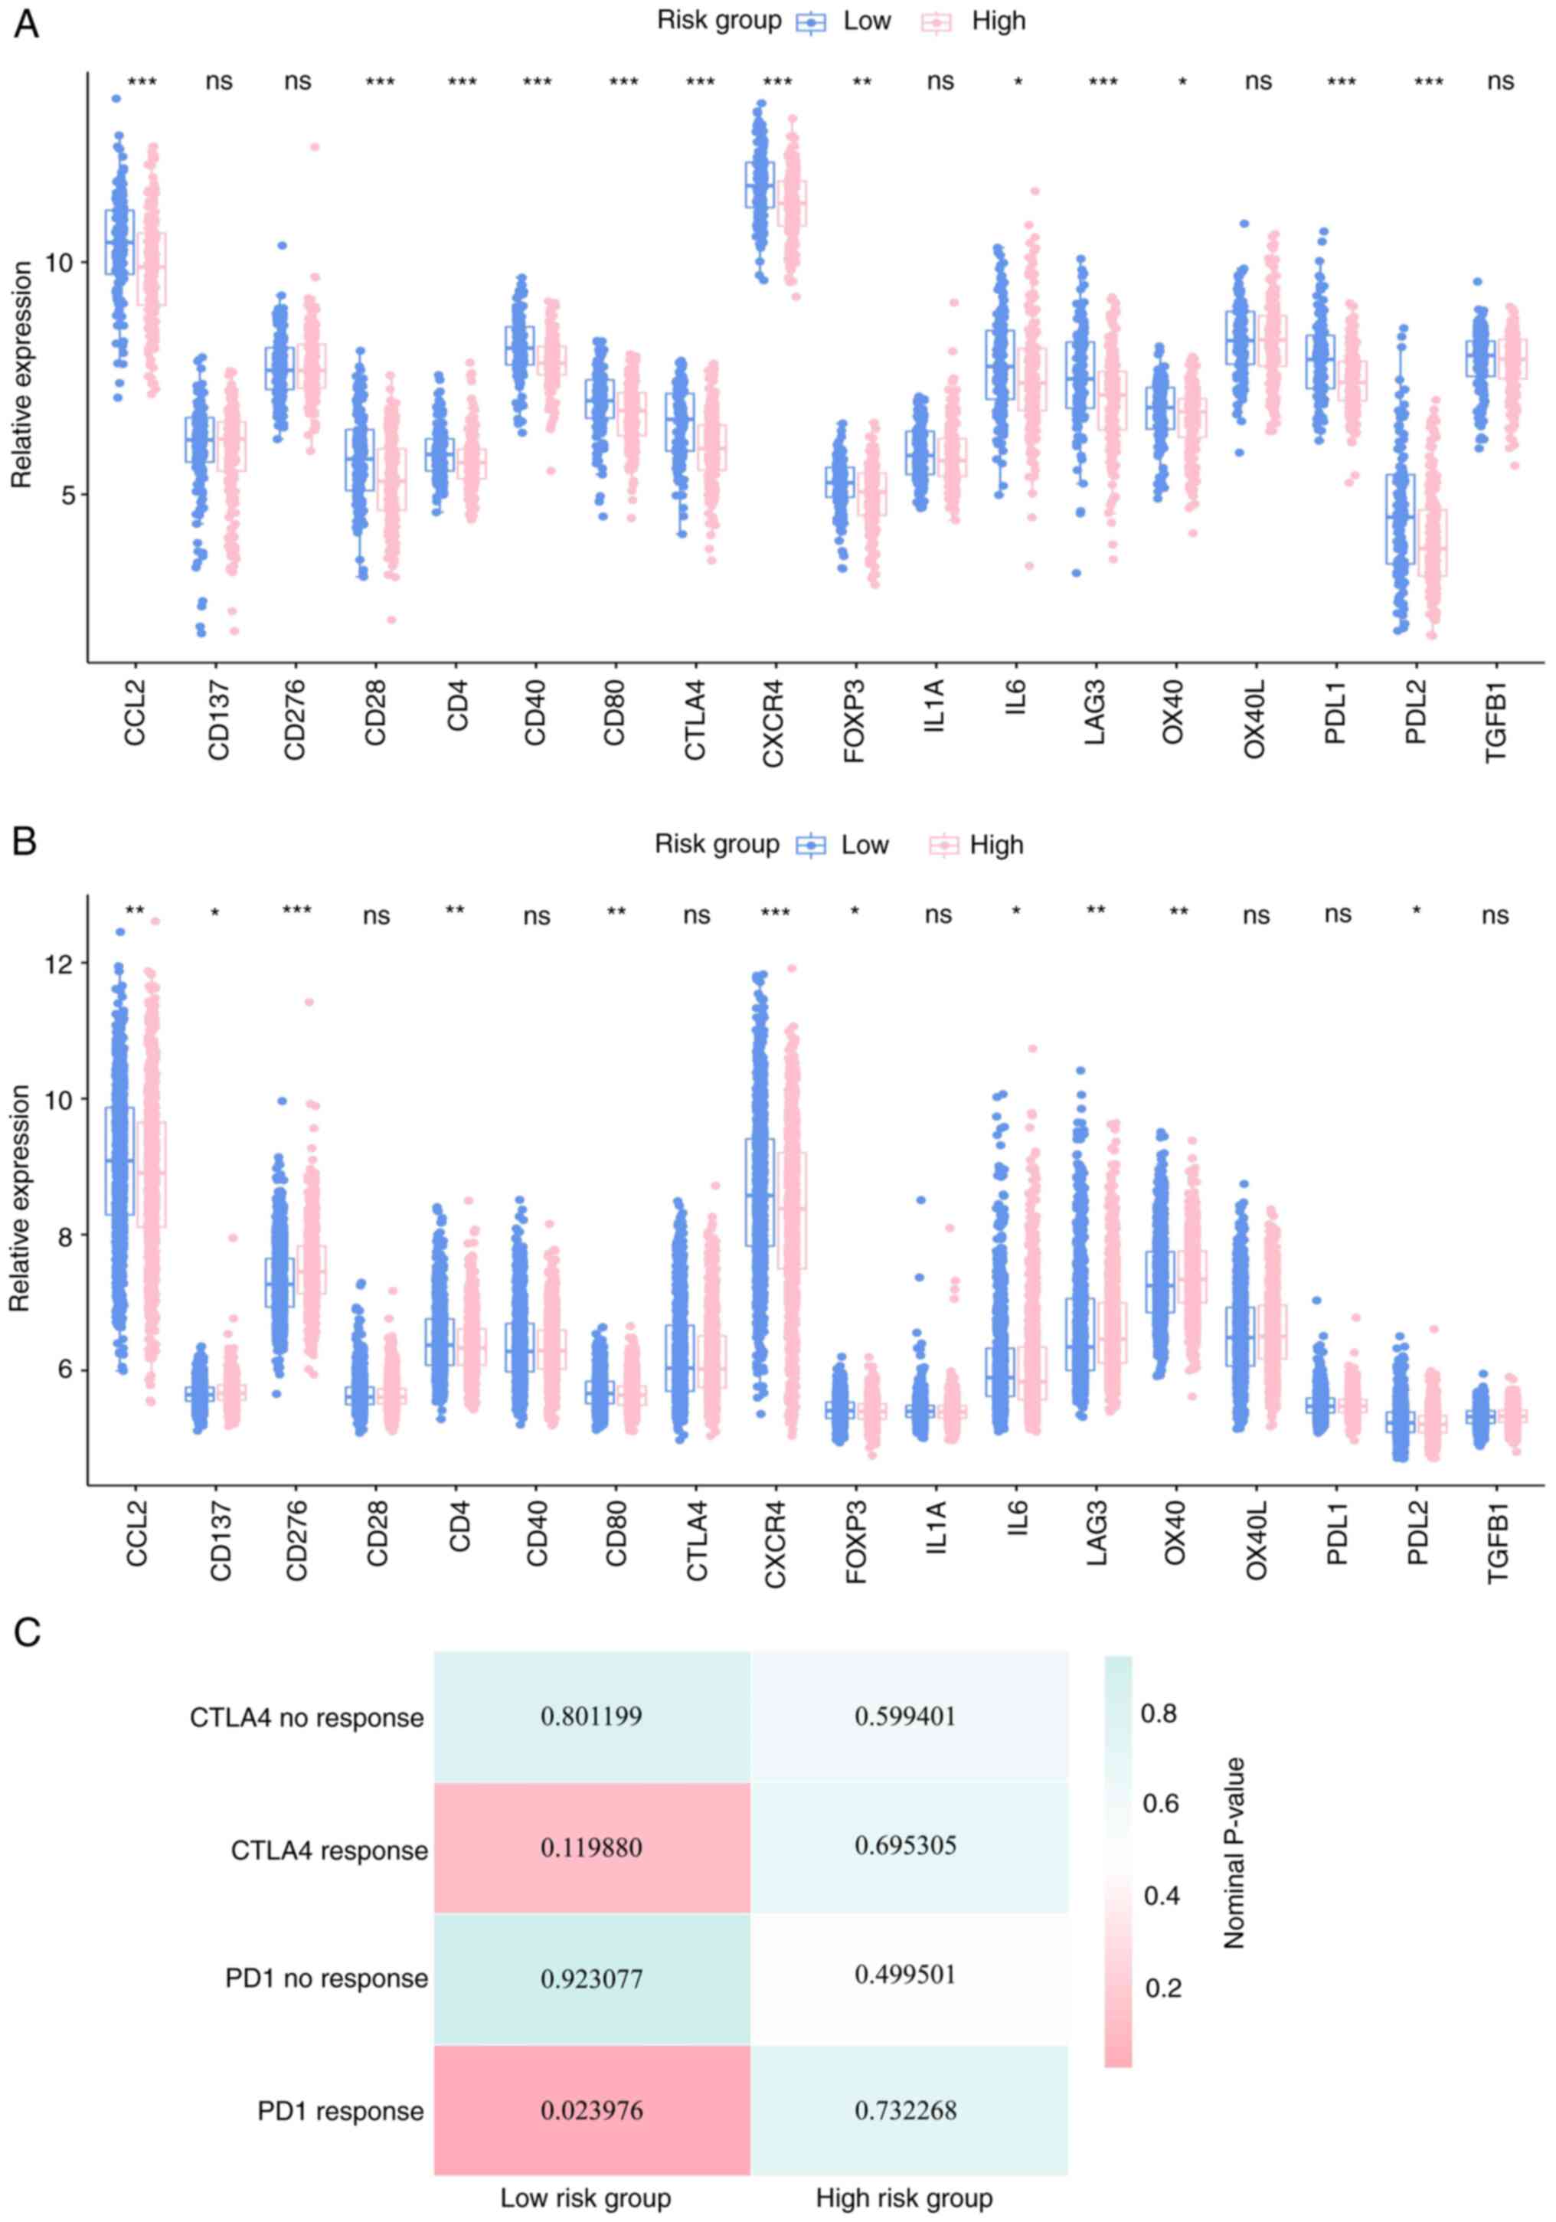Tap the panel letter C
pos(27,1633)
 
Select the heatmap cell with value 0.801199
pos(591,1716)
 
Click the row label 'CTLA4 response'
pos(329,1851)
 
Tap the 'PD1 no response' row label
pos(326,1978)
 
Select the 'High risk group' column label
pos(904,2197)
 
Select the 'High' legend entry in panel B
pos(995,846)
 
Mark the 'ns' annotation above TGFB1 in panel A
pos(1500,81)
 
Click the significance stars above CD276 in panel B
pos(297,911)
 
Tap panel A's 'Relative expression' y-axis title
pos(22,375)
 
